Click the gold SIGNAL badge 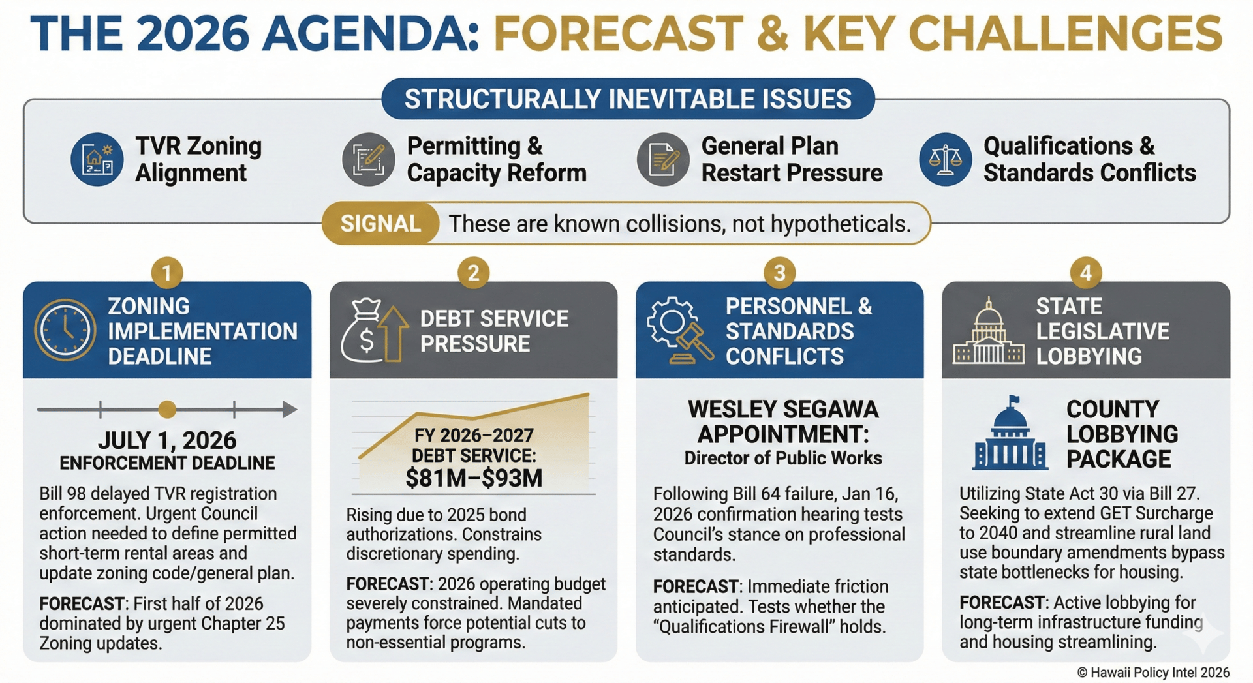[x=380, y=224]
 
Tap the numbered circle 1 [x=167, y=273]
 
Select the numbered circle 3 [x=779, y=273]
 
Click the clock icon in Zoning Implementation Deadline [x=65, y=330]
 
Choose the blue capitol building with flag [x=1010, y=433]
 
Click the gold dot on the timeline [x=167, y=410]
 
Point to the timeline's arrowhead [x=289, y=410]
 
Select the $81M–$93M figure [x=474, y=478]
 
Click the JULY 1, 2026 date [x=167, y=440]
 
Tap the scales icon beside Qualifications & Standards [x=946, y=159]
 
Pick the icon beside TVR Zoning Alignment [x=97, y=159]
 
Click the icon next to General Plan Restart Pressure [x=663, y=159]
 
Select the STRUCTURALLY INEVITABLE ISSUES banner [x=628, y=99]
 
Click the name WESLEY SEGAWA [x=783, y=410]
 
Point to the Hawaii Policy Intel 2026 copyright [x=1153, y=673]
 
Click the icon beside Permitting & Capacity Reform [x=369, y=159]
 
